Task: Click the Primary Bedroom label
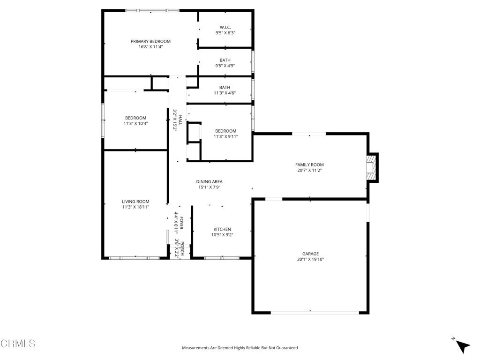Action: (x=150, y=41)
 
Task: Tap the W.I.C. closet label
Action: (x=225, y=27)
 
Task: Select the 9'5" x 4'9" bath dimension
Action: (x=225, y=66)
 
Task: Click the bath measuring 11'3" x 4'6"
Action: (x=225, y=93)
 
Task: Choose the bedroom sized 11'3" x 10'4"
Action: (x=135, y=123)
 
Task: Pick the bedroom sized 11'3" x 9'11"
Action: (x=225, y=136)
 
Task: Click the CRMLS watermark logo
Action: (x=18, y=344)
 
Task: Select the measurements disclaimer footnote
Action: (x=240, y=348)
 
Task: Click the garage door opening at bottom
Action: (x=310, y=312)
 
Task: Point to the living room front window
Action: (x=134, y=258)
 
